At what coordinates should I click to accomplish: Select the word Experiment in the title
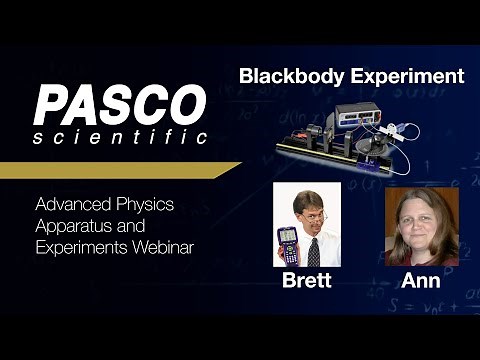coord(409,76)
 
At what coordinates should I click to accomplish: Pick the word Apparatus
coord(72,224)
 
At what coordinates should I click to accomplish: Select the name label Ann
coord(422,281)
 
